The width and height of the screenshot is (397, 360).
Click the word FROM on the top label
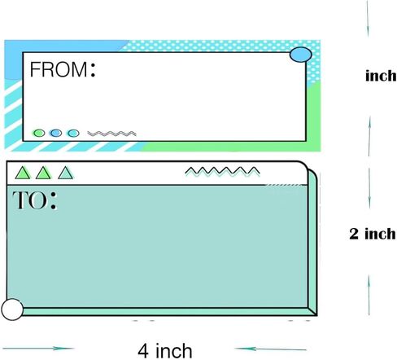tap(59, 69)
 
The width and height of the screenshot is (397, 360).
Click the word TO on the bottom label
tap(29, 200)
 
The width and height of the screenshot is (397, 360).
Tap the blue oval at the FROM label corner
tap(301, 55)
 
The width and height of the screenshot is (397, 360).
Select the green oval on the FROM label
tap(39, 133)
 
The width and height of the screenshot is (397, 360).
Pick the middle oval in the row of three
tap(56, 133)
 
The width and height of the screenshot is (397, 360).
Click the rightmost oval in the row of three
tap(73, 133)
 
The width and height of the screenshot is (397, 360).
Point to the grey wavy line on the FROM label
tap(111, 134)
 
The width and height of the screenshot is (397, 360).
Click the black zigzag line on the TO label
tap(222, 171)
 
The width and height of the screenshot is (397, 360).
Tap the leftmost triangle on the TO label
tap(23, 173)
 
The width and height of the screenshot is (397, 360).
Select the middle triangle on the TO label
tap(43, 173)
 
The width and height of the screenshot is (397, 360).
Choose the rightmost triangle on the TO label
tap(65, 173)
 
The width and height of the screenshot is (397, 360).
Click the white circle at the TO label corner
tap(12, 310)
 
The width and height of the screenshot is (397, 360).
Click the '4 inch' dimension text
tap(165, 351)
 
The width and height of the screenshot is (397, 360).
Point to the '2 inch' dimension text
tap(373, 234)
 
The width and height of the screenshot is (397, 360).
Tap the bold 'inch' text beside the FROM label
tap(381, 76)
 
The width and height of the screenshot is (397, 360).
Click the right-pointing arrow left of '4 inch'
tap(38, 349)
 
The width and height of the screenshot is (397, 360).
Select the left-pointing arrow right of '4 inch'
tap(270, 349)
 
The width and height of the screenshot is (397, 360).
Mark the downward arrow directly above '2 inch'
tap(369, 188)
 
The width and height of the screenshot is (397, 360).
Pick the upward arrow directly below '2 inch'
tap(369, 295)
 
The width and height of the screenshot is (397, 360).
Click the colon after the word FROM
tap(93, 69)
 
